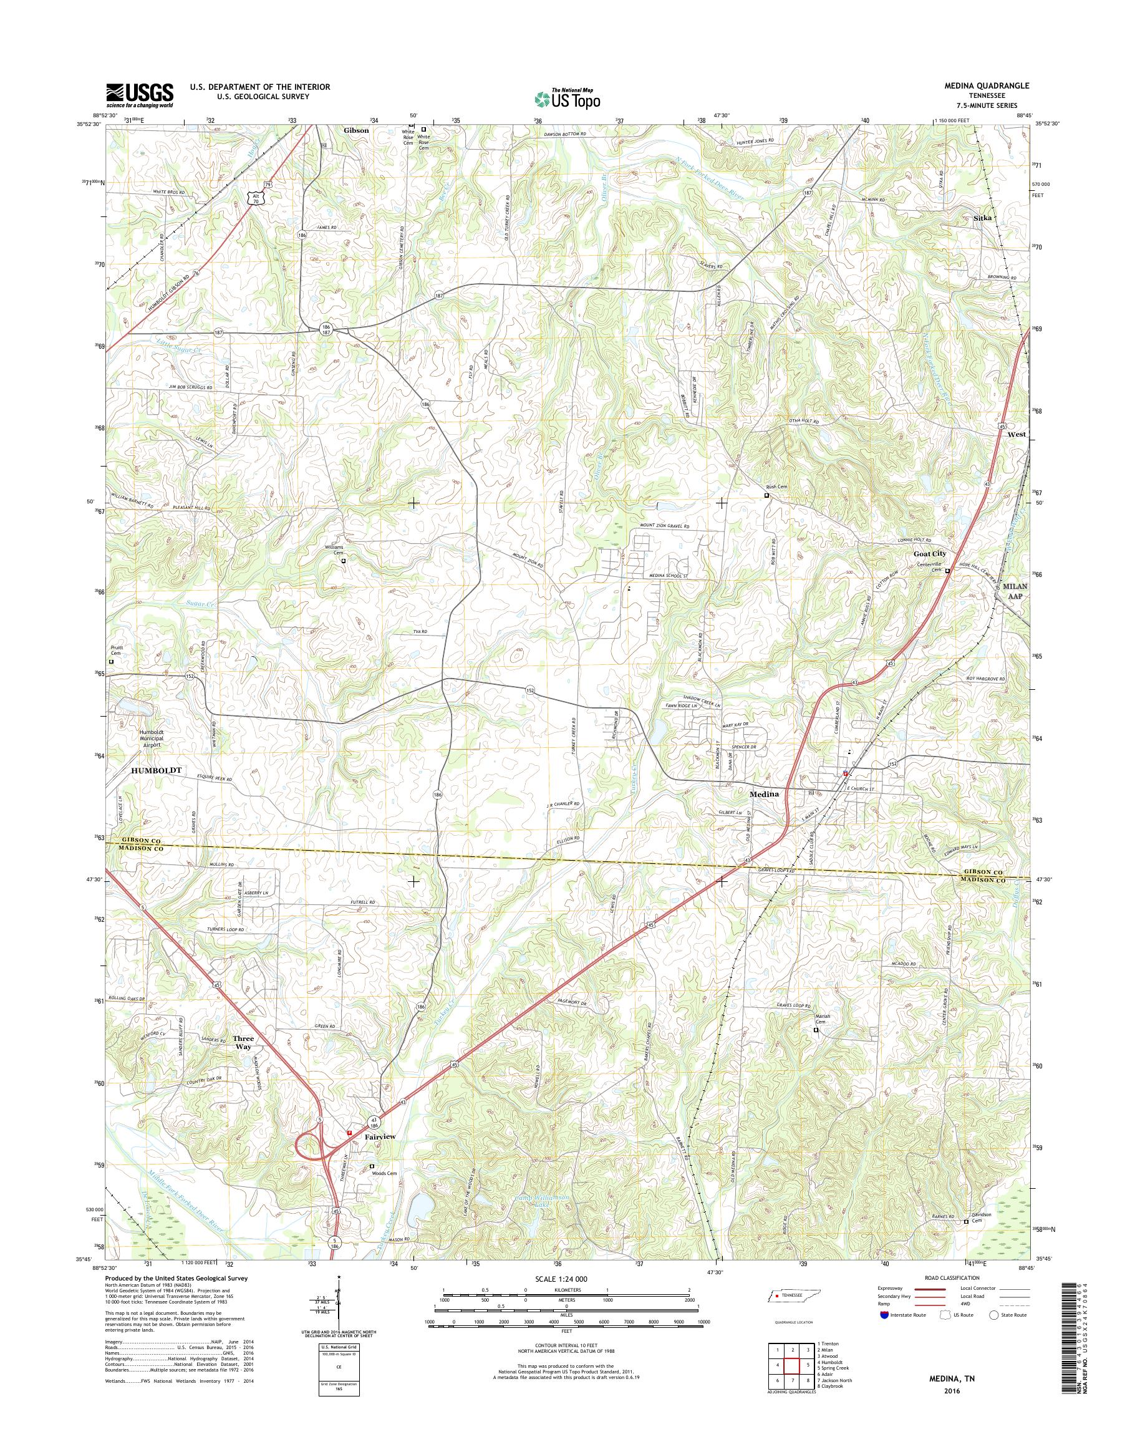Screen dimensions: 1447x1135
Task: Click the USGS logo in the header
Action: pos(140,94)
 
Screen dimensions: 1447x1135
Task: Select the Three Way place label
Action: pos(243,1042)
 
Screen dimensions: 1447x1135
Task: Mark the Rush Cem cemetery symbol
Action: pos(766,495)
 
